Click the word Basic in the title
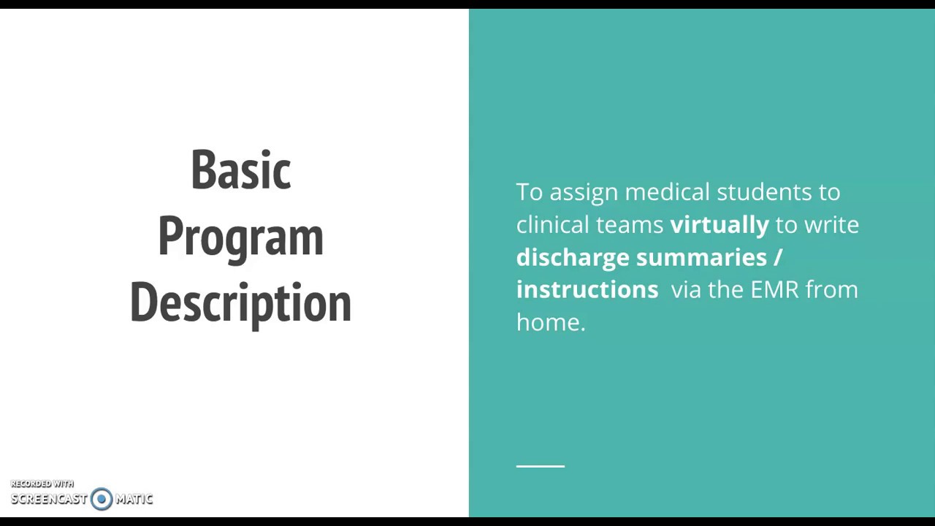click(x=240, y=169)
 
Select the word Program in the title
click(x=240, y=237)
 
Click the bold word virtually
click(x=719, y=225)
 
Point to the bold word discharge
click(x=572, y=257)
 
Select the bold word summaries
click(x=701, y=257)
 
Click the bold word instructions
click(x=587, y=289)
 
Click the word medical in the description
click(x=666, y=192)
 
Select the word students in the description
click(x=764, y=192)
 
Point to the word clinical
click(x=552, y=225)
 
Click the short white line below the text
click(x=540, y=465)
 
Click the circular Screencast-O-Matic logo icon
click(x=102, y=499)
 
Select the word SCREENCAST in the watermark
click(x=49, y=499)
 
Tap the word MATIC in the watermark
click(x=134, y=499)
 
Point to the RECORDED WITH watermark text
click(x=42, y=484)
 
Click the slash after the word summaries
click(x=777, y=257)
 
